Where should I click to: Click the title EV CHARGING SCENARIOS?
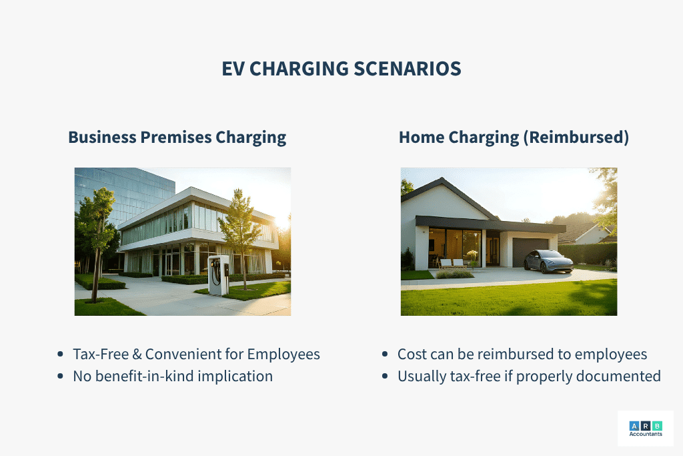click(341, 69)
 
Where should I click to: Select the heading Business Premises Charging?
click(177, 138)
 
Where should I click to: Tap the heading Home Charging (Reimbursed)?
click(514, 138)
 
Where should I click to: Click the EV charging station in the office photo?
click(219, 274)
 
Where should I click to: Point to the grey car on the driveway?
click(549, 261)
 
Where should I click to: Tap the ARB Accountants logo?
click(646, 429)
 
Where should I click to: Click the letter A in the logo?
click(634, 426)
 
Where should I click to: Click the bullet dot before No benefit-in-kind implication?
click(60, 376)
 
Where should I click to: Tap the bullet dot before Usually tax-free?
click(385, 376)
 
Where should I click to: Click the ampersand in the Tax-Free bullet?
click(137, 354)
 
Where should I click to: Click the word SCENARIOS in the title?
click(408, 69)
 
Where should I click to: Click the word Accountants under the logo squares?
click(646, 434)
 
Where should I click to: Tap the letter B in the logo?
click(657, 426)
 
